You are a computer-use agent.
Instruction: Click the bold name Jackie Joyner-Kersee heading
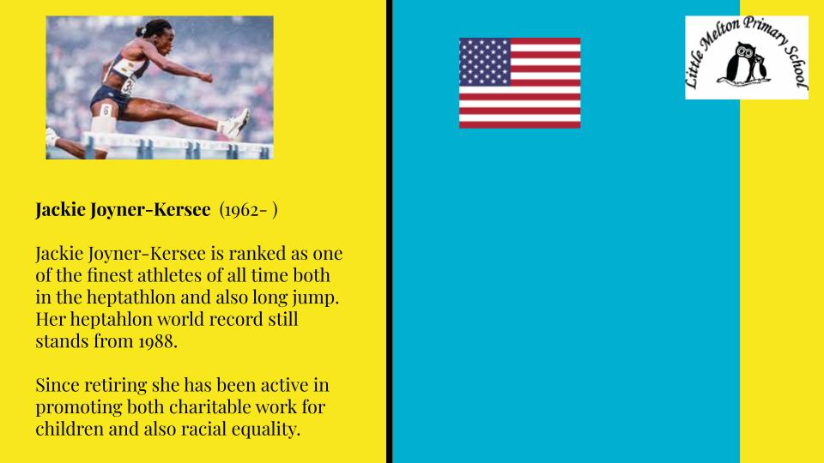point(123,209)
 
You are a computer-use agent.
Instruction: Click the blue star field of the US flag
point(484,62)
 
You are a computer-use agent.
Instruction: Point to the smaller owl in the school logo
point(759,67)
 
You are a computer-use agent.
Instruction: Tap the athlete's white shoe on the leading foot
point(237,123)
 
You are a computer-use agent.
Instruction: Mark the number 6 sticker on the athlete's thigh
point(106,111)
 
